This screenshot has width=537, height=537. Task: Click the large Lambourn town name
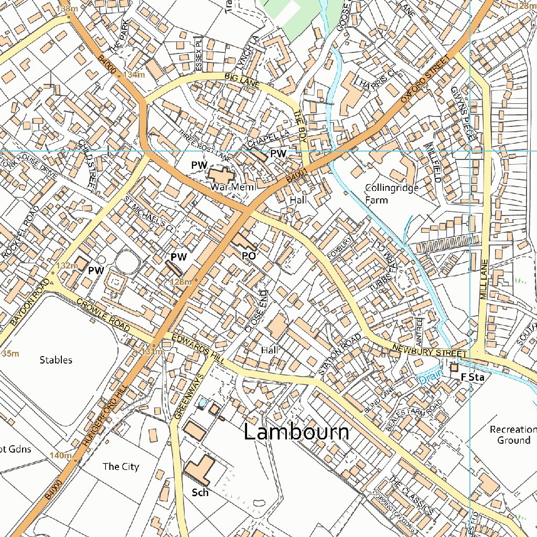pos(297,432)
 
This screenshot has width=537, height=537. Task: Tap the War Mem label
pos(232,187)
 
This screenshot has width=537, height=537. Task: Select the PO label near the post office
pos(249,255)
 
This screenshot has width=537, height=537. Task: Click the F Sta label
pos(471,377)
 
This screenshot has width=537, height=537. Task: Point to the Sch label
pos(200,492)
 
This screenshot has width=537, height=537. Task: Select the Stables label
pos(56,360)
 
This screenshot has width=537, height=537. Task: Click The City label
pos(121,466)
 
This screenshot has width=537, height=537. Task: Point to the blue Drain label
pos(430,375)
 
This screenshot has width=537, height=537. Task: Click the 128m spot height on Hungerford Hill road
pos(181,282)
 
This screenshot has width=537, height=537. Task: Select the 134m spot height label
pos(133,75)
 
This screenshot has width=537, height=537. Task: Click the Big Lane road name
pos(241,80)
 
